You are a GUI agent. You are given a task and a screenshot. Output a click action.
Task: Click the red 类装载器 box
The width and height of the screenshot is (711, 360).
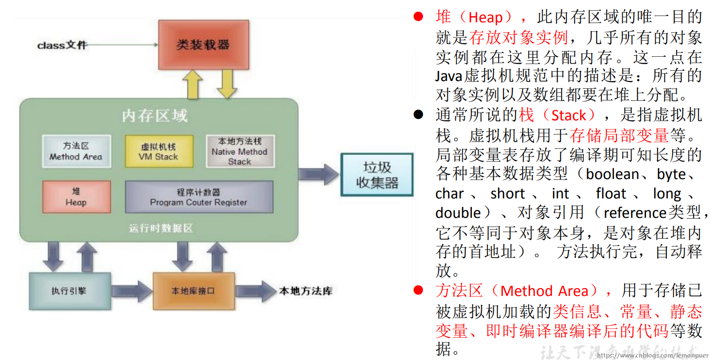click(x=203, y=45)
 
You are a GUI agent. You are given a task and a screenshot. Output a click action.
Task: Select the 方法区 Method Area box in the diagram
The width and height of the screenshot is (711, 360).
click(x=76, y=151)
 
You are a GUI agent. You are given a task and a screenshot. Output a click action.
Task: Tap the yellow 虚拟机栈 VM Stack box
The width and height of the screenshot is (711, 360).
click(x=159, y=151)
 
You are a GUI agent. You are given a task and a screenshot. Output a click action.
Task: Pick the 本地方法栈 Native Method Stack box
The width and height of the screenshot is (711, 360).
click(x=240, y=151)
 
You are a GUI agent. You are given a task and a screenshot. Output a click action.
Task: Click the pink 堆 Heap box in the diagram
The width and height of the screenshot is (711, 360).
click(x=76, y=197)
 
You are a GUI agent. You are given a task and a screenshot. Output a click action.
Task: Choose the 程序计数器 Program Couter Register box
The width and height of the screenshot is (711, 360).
click(x=199, y=197)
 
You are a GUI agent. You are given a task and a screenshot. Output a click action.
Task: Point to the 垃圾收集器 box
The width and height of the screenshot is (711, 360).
click(x=377, y=175)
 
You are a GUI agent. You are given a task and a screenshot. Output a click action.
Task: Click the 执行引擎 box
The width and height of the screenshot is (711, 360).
click(x=69, y=291)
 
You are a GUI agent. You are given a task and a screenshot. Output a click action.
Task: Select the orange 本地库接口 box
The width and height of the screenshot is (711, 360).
click(x=194, y=291)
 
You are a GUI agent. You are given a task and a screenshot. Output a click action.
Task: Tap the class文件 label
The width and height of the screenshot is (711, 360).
click(x=62, y=45)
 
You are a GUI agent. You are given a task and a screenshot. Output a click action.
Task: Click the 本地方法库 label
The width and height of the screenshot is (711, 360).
click(x=306, y=291)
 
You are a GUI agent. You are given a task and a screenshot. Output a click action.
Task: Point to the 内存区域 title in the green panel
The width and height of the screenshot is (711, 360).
click(x=155, y=116)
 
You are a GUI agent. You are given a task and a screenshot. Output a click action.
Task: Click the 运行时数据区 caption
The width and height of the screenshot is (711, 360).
click(x=161, y=228)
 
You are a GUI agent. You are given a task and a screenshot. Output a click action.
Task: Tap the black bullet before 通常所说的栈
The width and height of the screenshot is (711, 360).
click(x=419, y=115)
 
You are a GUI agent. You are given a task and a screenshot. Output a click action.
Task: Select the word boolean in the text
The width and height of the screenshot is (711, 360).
click(x=613, y=174)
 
